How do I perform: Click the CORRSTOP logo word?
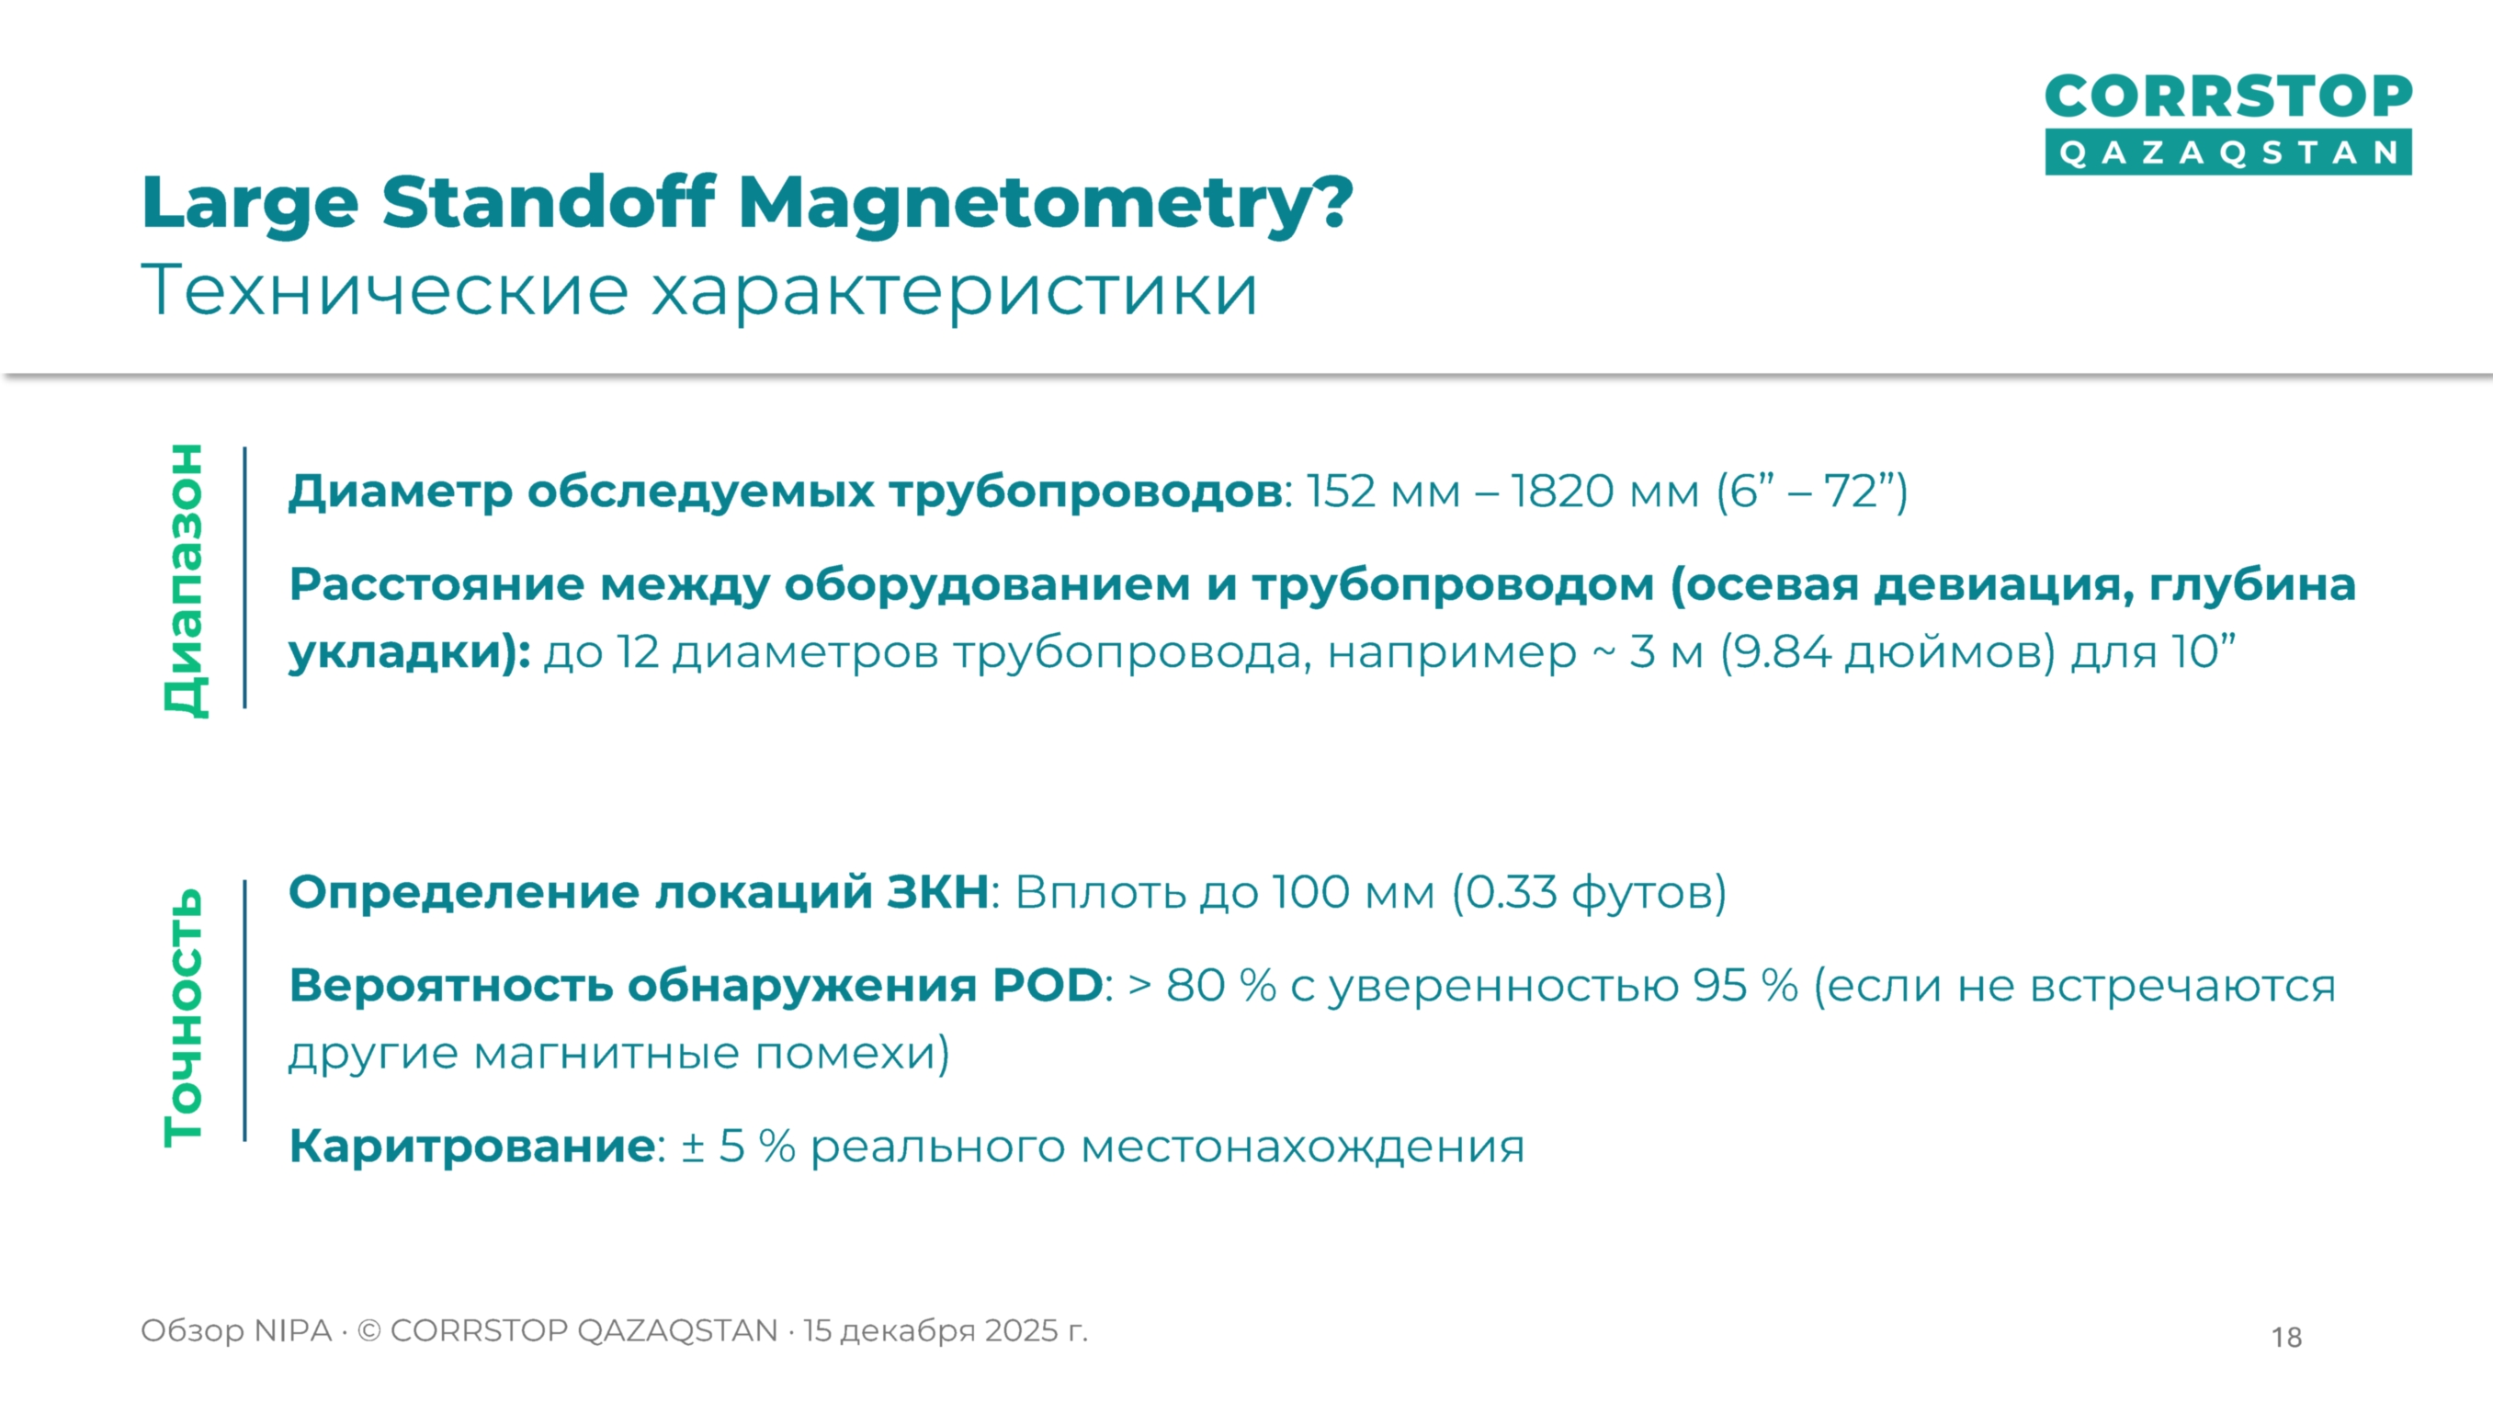[x=2227, y=96]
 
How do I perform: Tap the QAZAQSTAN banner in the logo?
[x=2227, y=153]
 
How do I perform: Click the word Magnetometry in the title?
[x=1045, y=203]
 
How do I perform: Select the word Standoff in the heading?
[x=549, y=203]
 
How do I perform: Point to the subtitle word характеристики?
[x=953, y=289]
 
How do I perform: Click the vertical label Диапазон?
[x=184, y=580]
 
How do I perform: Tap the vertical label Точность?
[x=184, y=1017]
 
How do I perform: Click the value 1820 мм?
[x=1604, y=492]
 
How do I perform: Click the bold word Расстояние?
[x=436, y=584]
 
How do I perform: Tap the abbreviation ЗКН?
[x=936, y=892]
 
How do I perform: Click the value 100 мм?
[x=1353, y=892]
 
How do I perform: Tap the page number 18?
[x=2286, y=1337]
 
